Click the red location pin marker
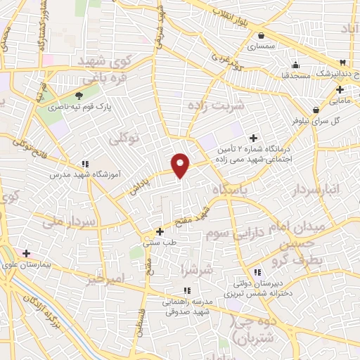[x=181, y=165]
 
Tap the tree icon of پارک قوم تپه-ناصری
[x=79, y=96]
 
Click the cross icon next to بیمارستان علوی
[x=26, y=253]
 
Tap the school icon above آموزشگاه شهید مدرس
[x=85, y=164]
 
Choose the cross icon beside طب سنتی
[x=160, y=231]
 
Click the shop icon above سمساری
[x=262, y=35]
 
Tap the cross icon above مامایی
[x=340, y=90]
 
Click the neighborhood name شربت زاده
[x=217, y=105]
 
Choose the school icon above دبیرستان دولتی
[x=257, y=272]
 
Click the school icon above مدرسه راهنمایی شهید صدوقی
[x=186, y=290]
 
